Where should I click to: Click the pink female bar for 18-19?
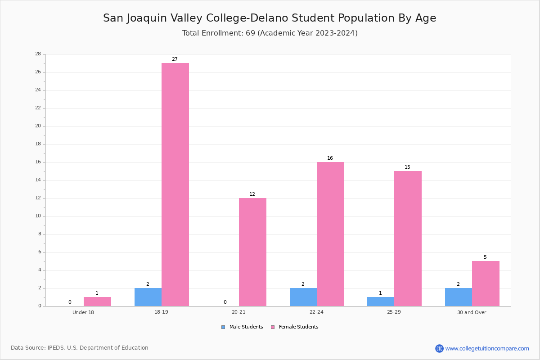(175, 184)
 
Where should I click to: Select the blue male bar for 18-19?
(148, 297)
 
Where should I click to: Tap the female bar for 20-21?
(252, 252)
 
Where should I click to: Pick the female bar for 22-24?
(330, 234)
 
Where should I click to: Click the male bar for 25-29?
(381, 301)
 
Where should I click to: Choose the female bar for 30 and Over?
(486, 283)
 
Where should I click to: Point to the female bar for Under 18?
(97, 301)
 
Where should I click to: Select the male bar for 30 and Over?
(459, 297)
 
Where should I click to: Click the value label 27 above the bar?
(175, 59)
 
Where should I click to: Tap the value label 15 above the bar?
(407, 167)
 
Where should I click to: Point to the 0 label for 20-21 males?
(225, 302)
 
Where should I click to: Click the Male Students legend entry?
(242, 327)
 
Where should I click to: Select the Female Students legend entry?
(295, 327)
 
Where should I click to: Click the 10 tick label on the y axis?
(38, 216)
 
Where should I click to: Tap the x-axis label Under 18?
(83, 312)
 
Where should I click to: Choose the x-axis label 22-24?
(316, 312)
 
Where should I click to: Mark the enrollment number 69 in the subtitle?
(251, 33)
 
